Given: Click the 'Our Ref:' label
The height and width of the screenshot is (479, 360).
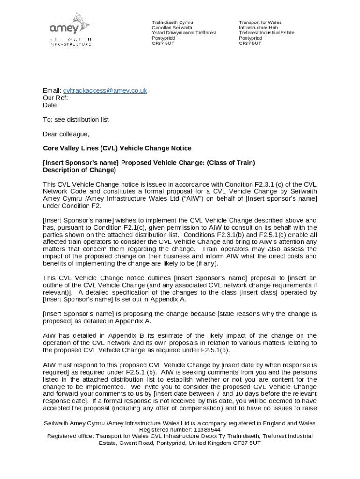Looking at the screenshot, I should [56, 98].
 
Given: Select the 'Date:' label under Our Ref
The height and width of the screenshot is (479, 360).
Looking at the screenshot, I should [51, 105].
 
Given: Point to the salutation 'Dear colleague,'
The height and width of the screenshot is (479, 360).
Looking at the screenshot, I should [66, 134].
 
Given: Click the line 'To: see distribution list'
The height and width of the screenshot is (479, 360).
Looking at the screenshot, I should [76, 120].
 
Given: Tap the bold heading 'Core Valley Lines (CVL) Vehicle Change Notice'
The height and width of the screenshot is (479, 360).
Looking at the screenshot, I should [117, 148].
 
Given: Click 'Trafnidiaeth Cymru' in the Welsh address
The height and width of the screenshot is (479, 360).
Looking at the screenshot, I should [172, 22].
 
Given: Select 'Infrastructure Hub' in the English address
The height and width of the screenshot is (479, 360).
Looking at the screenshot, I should [258, 28].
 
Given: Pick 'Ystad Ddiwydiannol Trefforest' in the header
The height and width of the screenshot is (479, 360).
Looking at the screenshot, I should [184, 33].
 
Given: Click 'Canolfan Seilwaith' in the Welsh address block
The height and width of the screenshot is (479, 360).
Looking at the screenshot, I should [172, 28].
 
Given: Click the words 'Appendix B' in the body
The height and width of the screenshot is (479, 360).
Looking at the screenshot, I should [124, 336].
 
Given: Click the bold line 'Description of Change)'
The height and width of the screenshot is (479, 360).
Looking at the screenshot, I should [79, 170].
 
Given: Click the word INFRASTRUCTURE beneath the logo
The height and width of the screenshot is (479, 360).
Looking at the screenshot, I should [70, 44].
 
